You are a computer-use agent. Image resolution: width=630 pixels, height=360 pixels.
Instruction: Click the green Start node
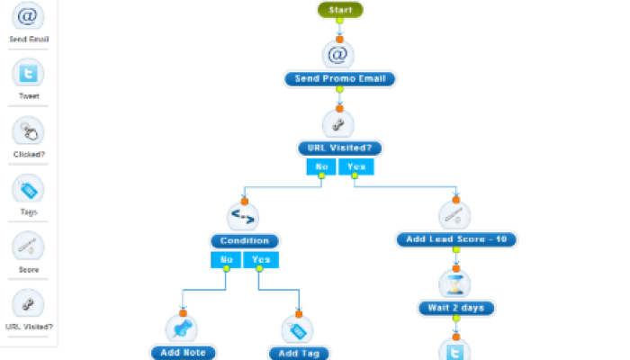point(340,10)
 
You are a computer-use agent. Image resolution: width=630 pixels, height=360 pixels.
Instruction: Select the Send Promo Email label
point(340,79)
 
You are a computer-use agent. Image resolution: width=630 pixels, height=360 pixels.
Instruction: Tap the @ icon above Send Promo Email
point(338,55)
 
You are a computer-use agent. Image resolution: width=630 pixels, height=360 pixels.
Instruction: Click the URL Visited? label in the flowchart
point(340,148)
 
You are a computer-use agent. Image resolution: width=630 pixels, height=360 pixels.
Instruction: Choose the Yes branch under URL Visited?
point(356,166)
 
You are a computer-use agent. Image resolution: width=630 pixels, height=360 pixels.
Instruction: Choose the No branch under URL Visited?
point(321,166)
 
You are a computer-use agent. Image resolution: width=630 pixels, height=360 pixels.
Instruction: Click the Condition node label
point(245,241)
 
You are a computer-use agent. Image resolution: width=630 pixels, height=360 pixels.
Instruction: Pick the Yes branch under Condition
point(261,260)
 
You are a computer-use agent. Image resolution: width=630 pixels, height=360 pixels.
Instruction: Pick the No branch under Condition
point(226,260)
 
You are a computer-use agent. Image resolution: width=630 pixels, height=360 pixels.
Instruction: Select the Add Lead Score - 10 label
point(456,239)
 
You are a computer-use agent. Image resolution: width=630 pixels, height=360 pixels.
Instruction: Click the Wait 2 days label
point(456,308)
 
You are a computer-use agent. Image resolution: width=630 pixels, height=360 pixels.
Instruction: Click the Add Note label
point(183,353)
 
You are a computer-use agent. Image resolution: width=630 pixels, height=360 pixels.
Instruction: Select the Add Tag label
point(299,353)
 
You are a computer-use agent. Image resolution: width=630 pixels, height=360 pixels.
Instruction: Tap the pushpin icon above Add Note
point(182,328)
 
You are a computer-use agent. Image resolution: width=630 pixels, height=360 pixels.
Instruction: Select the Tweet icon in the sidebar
point(28,74)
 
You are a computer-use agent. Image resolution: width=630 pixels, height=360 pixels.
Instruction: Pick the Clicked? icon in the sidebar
point(28,132)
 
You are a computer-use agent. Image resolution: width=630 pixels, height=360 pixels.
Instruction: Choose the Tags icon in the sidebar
point(28,190)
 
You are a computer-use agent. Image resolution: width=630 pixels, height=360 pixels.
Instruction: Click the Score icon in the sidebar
point(28,247)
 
